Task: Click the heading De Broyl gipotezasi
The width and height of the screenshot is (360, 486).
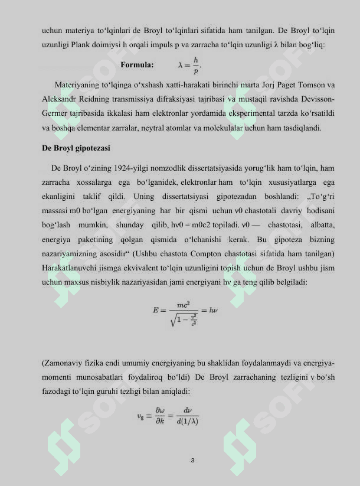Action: coord(76,148)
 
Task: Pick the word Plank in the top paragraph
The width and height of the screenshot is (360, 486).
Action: coord(146,45)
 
